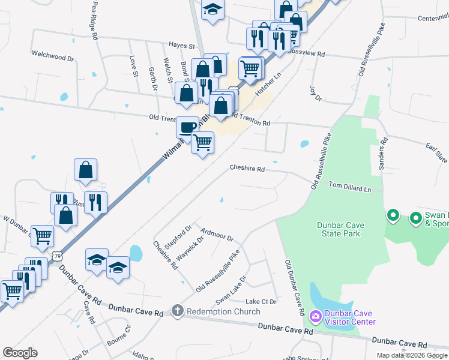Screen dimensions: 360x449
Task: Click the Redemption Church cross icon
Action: point(177,311)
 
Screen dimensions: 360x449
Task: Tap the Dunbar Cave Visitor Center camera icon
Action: point(316,316)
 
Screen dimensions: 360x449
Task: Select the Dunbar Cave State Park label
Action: point(339,229)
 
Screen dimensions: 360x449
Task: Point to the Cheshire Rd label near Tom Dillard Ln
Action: point(247,169)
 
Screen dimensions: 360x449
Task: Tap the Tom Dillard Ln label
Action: point(350,188)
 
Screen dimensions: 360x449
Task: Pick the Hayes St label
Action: point(182,46)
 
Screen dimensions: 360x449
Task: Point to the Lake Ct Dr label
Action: point(261,301)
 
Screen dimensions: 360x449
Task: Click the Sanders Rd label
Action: point(383,154)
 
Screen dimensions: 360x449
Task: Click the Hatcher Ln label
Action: point(268,85)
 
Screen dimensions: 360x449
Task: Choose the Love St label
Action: point(134,67)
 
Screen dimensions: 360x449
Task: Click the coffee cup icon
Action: point(187,127)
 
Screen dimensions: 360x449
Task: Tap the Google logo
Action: point(20,353)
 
